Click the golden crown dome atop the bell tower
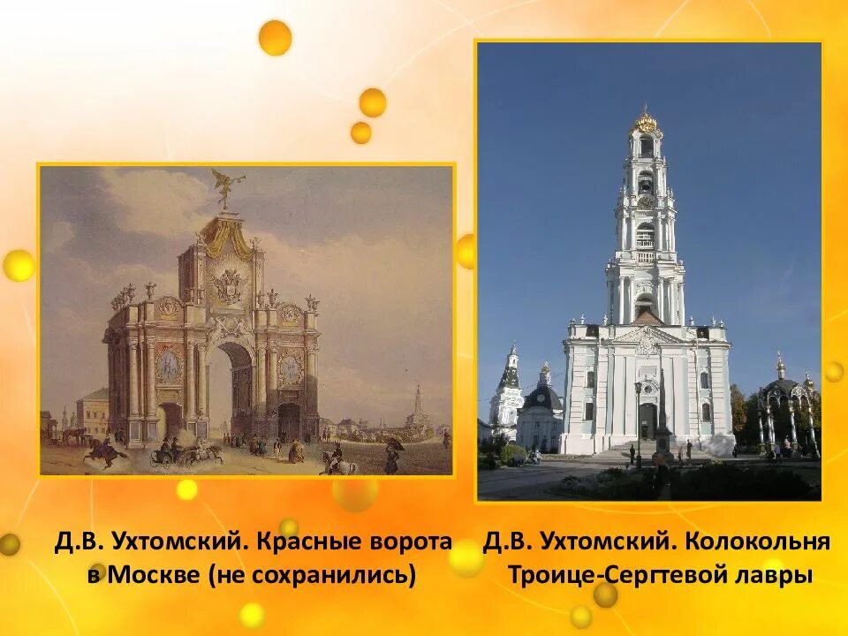click(647, 121)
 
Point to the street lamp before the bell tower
click(637, 415)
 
